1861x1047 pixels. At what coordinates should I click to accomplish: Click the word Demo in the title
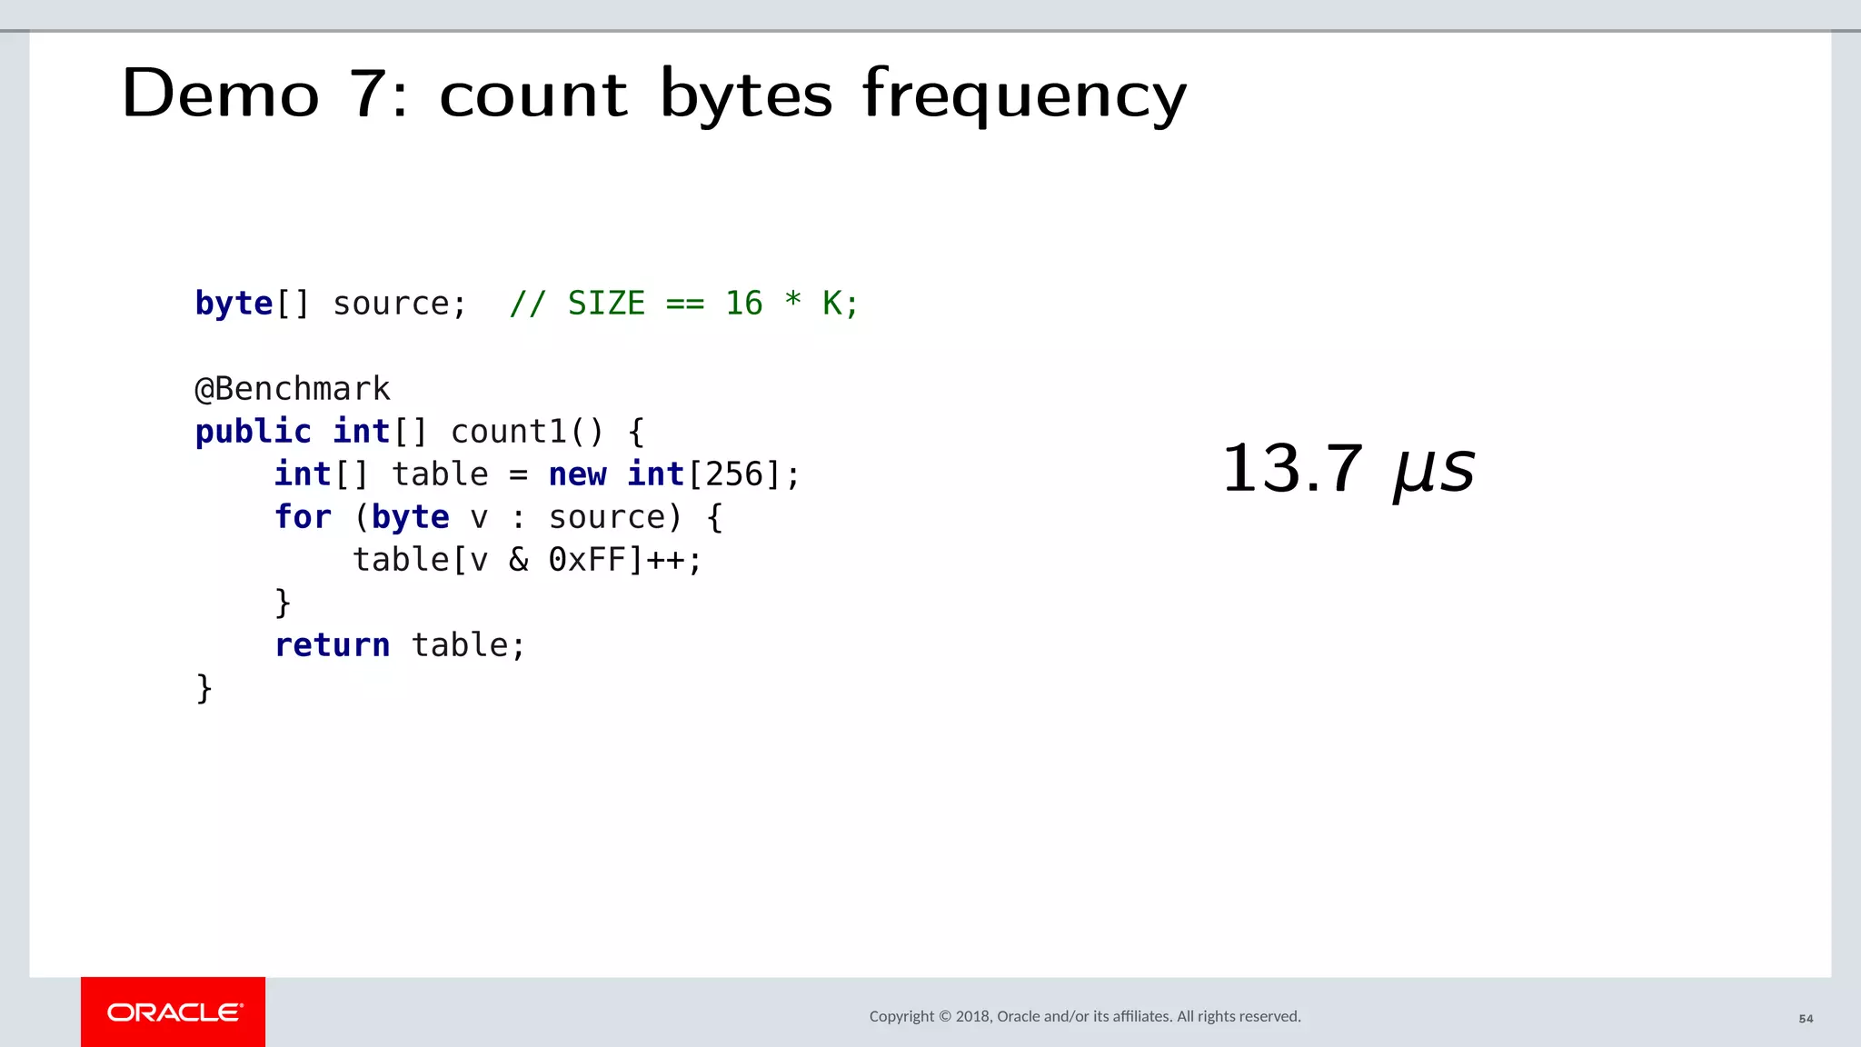tap(221, 94)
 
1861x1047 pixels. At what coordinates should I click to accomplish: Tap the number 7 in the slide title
tap(369, 94)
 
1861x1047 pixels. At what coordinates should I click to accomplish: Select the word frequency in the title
tap(1024, 95)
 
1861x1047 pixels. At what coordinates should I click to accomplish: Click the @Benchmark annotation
tap(293, 389)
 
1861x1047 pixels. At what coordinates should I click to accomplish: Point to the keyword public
tap(253, 432)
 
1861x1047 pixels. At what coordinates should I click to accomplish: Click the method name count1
tap(509, 432)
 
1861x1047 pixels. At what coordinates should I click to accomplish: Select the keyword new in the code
tap(577, 474)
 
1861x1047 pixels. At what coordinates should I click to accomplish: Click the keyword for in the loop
tap(303, 517)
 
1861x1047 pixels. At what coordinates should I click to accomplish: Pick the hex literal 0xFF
tap(587, 560)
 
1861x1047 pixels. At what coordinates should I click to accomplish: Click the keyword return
tap(332, 645)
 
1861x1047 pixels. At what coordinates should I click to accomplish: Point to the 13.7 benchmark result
tap(1292, 469)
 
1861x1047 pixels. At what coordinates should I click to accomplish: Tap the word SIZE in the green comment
tap(606, 304)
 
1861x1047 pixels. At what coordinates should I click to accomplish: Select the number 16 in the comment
tap(743, 304)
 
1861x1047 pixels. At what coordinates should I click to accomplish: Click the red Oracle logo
tap(174, 1012)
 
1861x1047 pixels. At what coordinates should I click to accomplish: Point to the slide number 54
tap(1806, 1019)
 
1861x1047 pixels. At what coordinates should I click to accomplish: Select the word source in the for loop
tap(607, 517)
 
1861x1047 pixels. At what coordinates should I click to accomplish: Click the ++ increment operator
tap(665, 560)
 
